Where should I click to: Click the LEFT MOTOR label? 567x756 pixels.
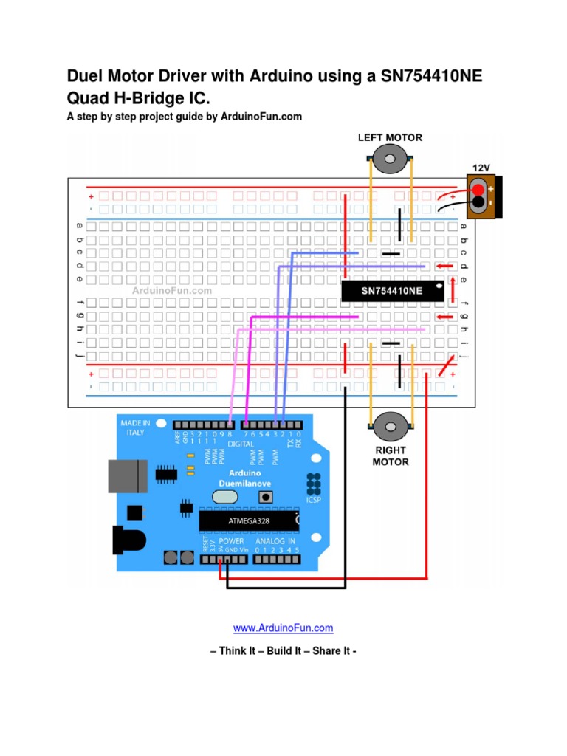click(390, 137)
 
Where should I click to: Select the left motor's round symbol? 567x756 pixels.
click(390, 157)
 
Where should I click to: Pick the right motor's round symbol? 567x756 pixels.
click(390, 426)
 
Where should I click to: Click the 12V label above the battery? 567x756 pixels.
click(481, 168)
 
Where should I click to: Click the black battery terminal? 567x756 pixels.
click(479, 202)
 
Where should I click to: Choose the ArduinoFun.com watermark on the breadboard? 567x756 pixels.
click(172, 291)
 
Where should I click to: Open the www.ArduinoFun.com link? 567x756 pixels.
click(283, 628)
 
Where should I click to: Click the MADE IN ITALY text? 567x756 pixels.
click(135, 427)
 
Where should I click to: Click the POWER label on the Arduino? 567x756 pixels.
click(231, 541)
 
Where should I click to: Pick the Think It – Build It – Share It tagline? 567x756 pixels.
click(283, 651)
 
